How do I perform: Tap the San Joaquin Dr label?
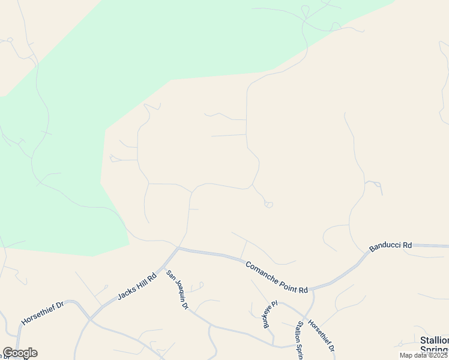click(x=178, y=290)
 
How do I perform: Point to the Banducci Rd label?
click(x=390, y=245)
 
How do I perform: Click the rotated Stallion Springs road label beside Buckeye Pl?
click(x=298, y=340)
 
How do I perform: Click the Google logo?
click(x=20, y=353)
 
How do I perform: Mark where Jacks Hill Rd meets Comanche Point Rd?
click(x=178, y=247)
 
